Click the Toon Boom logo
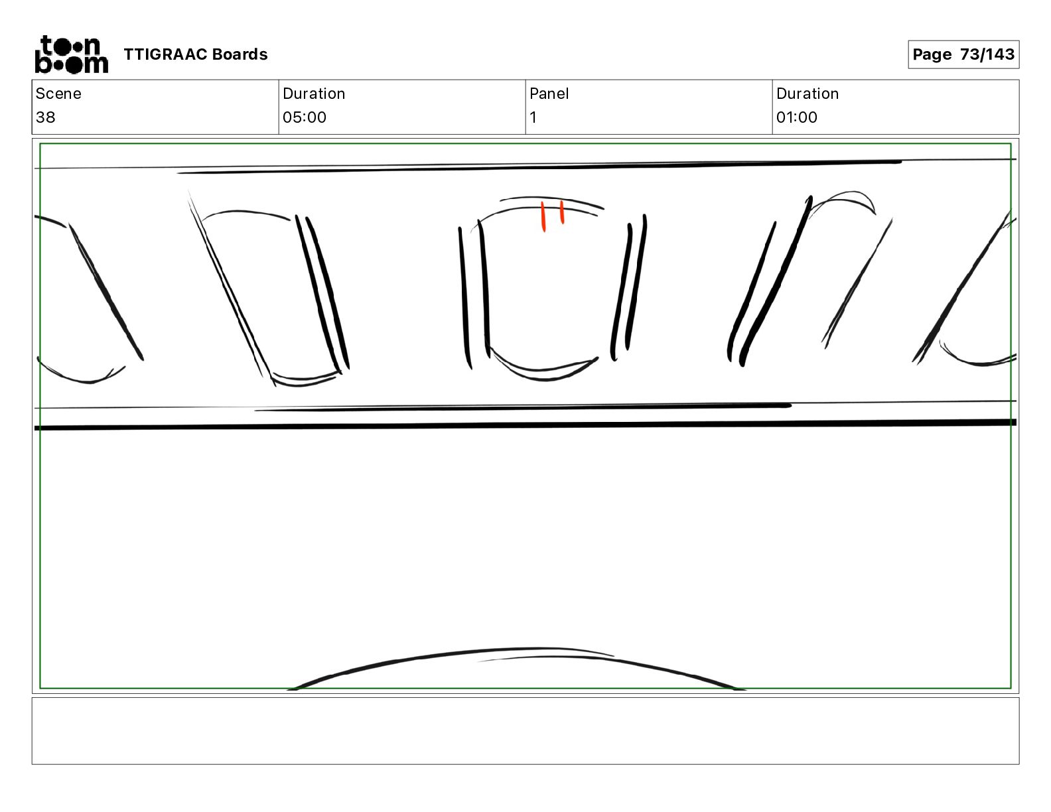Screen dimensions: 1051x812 72,54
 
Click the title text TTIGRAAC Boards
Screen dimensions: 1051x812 195,54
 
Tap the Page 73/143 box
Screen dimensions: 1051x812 963,54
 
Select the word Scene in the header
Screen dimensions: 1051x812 58,94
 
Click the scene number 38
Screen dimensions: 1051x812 46,117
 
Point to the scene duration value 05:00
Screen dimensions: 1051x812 305,117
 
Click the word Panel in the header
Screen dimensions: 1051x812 549,94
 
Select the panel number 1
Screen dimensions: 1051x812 533,117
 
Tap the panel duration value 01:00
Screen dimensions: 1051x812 797,117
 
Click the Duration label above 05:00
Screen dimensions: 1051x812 314,94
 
